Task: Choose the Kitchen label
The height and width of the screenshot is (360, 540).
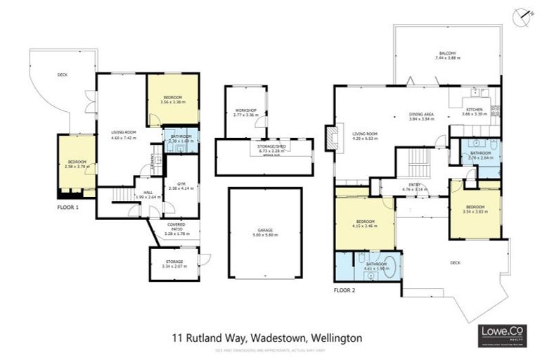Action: tap(475, 110)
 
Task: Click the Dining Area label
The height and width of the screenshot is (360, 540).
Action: tap(422, 116)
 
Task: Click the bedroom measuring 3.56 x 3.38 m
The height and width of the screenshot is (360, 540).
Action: tap(172, 99)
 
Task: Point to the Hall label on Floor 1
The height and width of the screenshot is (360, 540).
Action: tap(148, 195)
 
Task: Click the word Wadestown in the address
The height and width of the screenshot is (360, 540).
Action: tap(267, 338)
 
